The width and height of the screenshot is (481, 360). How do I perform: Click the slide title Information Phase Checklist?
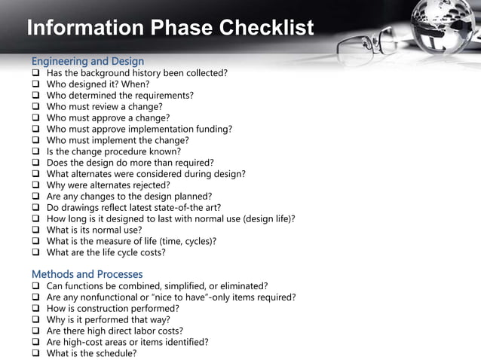point(170,29)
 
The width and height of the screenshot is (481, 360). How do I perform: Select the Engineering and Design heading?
point(87,60)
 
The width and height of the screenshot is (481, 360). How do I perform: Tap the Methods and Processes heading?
point(87,274)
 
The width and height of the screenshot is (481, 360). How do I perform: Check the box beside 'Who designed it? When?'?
point(35,84)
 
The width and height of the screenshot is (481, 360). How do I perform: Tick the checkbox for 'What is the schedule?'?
point(35,353)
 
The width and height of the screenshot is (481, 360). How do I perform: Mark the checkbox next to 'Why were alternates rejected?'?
point(35,185)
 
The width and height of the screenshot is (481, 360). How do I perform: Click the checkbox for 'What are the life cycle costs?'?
point(35,253)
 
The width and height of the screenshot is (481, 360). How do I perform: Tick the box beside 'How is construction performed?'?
point(35,309)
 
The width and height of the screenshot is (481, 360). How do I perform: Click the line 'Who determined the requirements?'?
point(120,96)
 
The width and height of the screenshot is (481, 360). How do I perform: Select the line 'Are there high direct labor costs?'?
point(115,331)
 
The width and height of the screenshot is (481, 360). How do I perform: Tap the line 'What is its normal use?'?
point(94,230)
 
